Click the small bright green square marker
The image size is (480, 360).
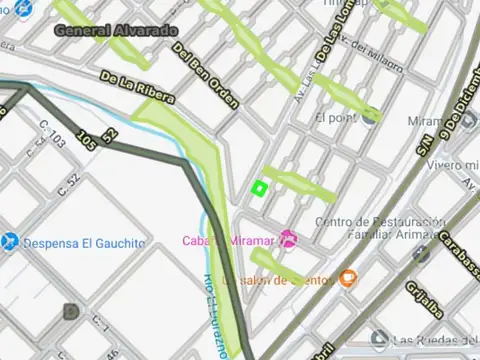tap(259, 187)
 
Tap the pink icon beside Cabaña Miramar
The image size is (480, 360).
tap(289, 239)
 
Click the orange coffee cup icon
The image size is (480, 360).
tap(347, 277)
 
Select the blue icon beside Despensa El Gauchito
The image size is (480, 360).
tap(9, 242)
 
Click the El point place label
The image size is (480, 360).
tap(334, 117)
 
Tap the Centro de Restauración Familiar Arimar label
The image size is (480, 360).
tap(378, 228)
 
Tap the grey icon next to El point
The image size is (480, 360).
tap(371, 116)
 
